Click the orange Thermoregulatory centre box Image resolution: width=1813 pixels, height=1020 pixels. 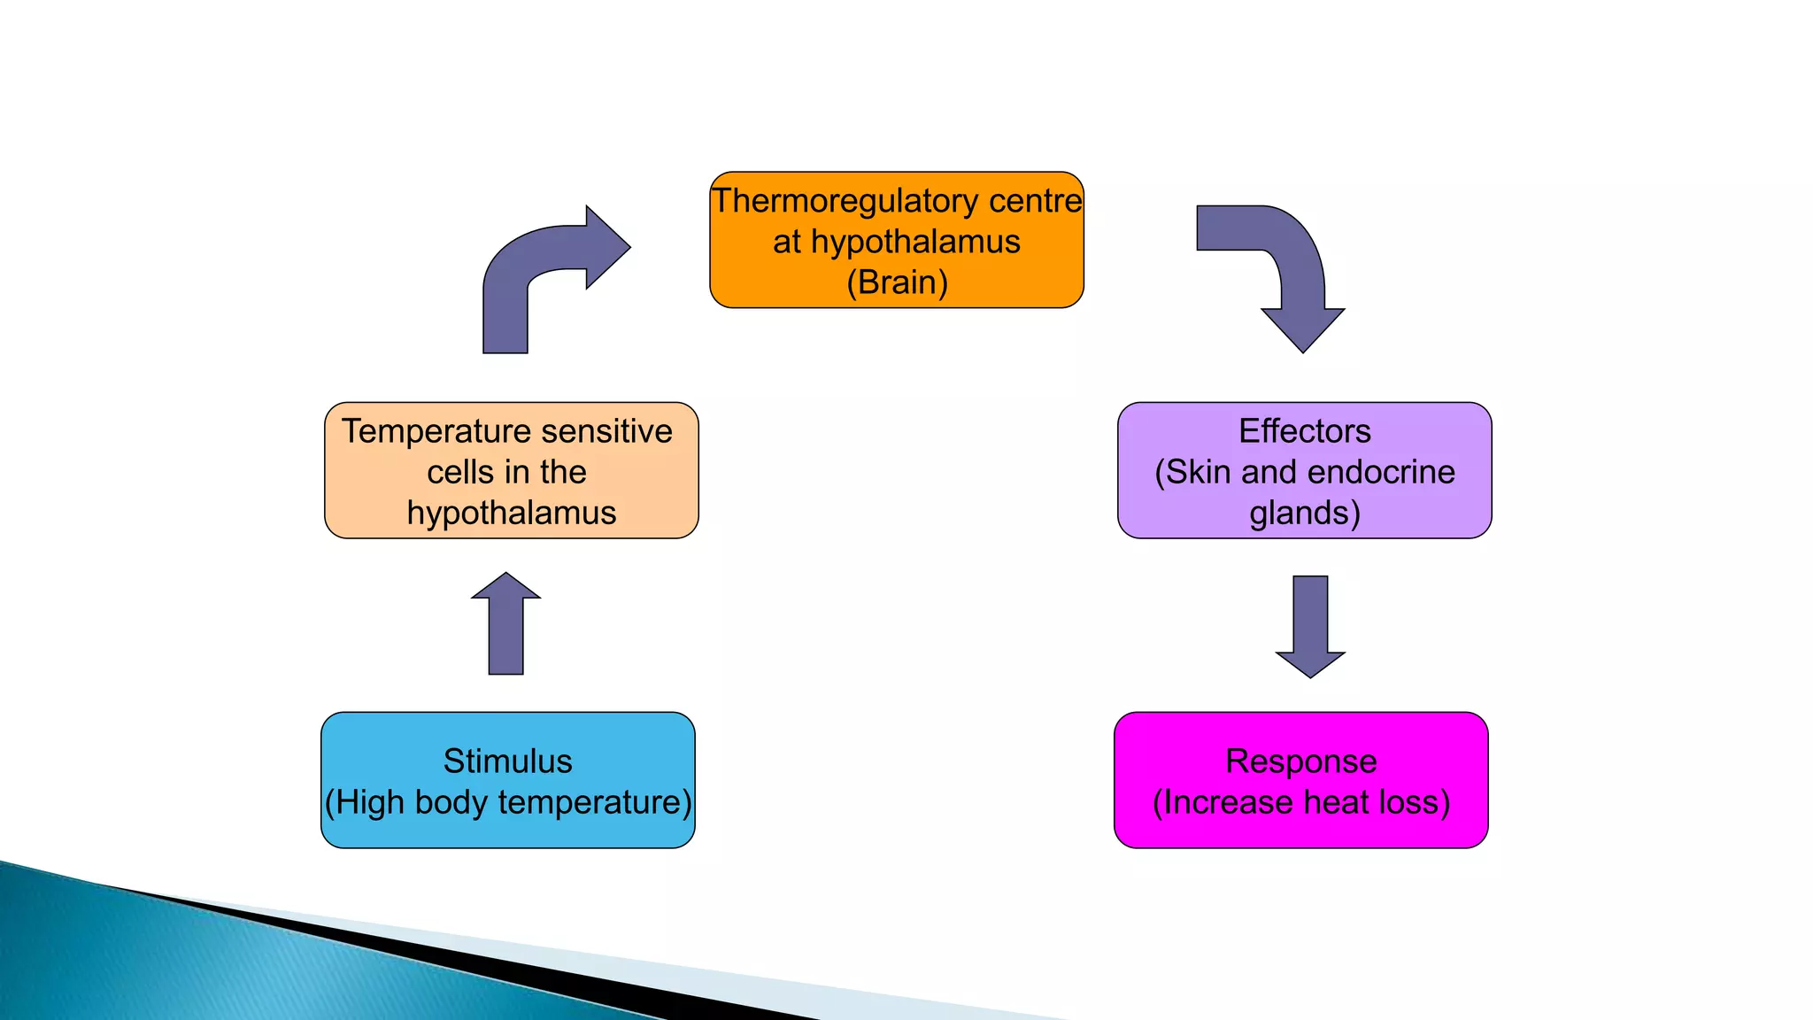(x=896, y=240)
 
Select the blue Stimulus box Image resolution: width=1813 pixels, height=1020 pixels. (x=507, y=780)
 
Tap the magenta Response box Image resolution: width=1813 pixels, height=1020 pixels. (x=1300, y=780)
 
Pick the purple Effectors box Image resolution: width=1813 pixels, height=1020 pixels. (x=1304, y=470)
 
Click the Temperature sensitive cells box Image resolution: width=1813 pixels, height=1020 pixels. (x=511, y=470)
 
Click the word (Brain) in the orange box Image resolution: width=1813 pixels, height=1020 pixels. (x=897, y=282)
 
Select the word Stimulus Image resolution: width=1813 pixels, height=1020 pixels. (x=507, y=761)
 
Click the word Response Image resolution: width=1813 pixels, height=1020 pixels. (x=1300, y=761)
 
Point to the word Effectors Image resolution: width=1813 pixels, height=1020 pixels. (x=1304, y=431)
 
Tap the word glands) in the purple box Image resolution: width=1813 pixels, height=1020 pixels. (x=1304, y=513)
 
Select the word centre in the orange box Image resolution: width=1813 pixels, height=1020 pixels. (x=1035, y=201)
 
